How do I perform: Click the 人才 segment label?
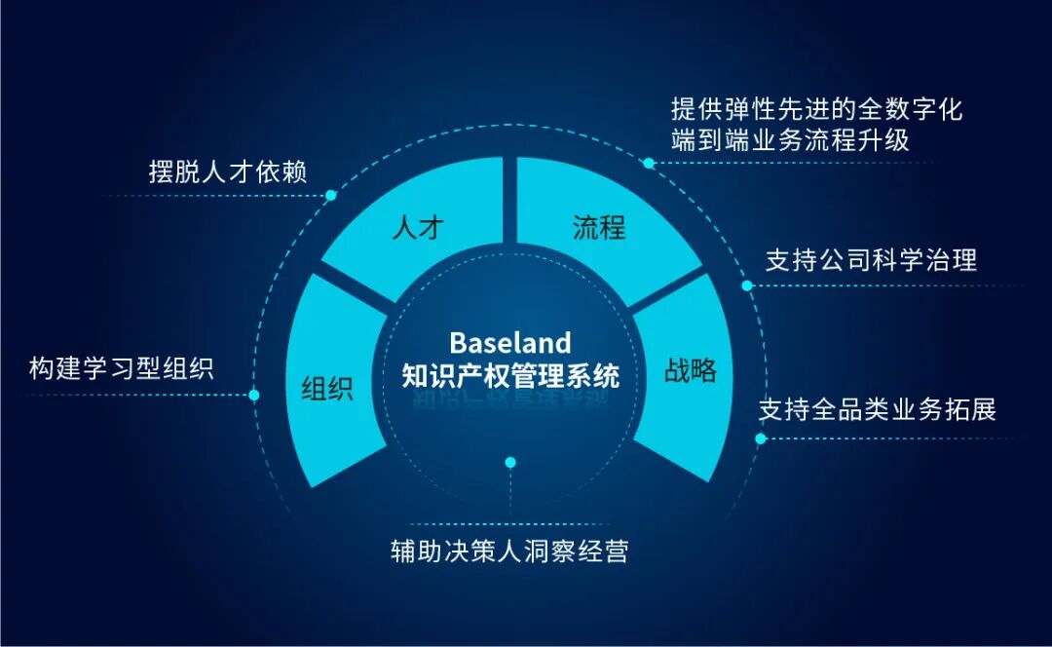[417, 229]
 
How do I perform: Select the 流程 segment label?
[599, 229]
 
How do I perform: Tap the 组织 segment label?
[326, 389]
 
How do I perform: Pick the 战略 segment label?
[691, 370]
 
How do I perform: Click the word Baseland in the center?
[509, 343]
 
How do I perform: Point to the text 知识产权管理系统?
[509, 375]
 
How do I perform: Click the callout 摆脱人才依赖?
[228, 172]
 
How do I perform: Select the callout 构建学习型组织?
[121, 369]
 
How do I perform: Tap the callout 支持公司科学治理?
[871, 260]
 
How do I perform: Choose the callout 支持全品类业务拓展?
[877, 409]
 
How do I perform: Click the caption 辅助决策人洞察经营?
[509, 552]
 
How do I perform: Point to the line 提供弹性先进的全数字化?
[816, 108]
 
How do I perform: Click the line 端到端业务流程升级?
[790, 139]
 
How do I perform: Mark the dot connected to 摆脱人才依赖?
[331, 196]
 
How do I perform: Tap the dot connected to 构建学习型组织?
[254, 396]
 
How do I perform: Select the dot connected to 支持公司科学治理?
[747, 286]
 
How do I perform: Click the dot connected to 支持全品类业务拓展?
[761, 438]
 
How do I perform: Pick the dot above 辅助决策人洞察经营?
[509, 462]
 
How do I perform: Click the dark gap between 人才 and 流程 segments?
[509, 200]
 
